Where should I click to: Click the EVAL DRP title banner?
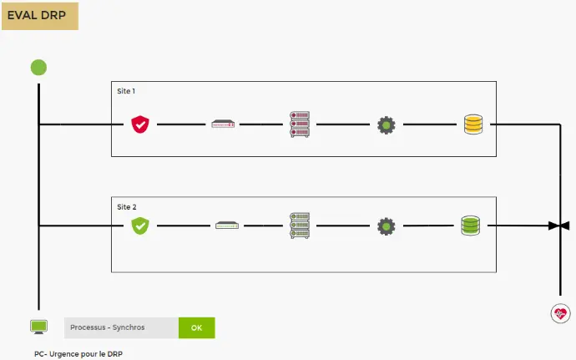pos(40,15)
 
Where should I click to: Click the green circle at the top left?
pos(38,68)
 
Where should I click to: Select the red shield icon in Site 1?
pos(139,124)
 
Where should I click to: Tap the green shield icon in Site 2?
pos(139,226)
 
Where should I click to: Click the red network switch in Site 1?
pos(223,124)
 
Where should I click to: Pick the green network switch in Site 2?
pos(226,226)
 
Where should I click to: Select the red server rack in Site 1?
pos(298,124)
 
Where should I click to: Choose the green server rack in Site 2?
pos(299,226)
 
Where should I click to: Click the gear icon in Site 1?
pos(385,125)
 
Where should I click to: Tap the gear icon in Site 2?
pos(385,226)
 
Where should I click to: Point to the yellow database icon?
pos(473,124)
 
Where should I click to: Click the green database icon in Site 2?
pos(471,226)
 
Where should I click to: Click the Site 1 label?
pos(126,90)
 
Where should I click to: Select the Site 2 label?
pos(126,205)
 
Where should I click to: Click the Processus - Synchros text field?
pos(121,327)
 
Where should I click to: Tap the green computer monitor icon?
pos(38,327)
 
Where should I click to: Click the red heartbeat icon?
pos(560,314)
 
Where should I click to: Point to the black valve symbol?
pos(559,226)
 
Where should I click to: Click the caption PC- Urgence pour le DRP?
pos(76,354)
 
